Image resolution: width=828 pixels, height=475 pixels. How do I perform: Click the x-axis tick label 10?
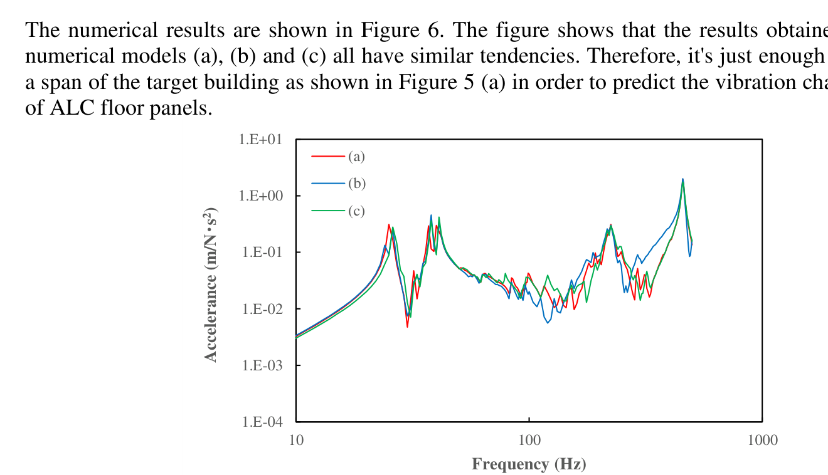click(x=296, y=440)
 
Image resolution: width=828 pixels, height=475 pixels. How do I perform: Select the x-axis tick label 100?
click(x=529, y=440)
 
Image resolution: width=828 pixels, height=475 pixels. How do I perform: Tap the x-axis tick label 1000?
click(x=762, y=440)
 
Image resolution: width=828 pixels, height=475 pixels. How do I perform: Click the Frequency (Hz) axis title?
click(x=529, y=464)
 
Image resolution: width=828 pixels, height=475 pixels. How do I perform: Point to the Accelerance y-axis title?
click(x=211, y=284)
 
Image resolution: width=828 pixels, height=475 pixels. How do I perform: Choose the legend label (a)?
click(x=356, y=156)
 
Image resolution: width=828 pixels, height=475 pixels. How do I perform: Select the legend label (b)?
click(x=356, y=184)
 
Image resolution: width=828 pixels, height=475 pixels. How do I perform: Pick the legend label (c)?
click(x=356, y=211)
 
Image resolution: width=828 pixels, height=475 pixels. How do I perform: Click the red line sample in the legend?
click(x=328, y=156)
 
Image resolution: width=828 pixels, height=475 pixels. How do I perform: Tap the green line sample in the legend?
click(x=328, y=211)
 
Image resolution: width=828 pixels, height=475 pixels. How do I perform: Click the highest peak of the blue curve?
click(x=682, y=179)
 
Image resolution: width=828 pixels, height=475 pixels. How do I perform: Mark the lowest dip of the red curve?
click(x=407, y=326)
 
